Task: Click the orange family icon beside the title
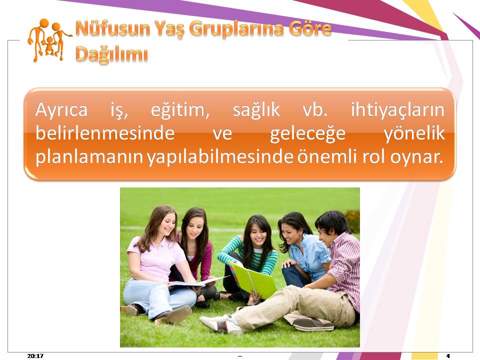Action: pyautogui.click(x=49, y=40)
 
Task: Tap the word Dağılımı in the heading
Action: pyautogui.click(x=111, y=54)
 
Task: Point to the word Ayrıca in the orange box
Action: pyautogui.click(x=61, y=109)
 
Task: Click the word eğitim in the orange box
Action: pyautogui.click(x=180, y=110)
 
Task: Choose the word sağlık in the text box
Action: pyautogui.click(x=256, y=110)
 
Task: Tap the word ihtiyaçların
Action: pyautogui.click(x=397, y=110)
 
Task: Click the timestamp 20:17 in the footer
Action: pyautogui.click(x=35, y=355)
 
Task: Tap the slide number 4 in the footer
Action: pyautogui.click(x=448, y=355)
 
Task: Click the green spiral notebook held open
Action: pyautogui.click(x=253, y=280)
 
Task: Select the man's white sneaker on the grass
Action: pyautogui.click(x=221, y=323)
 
